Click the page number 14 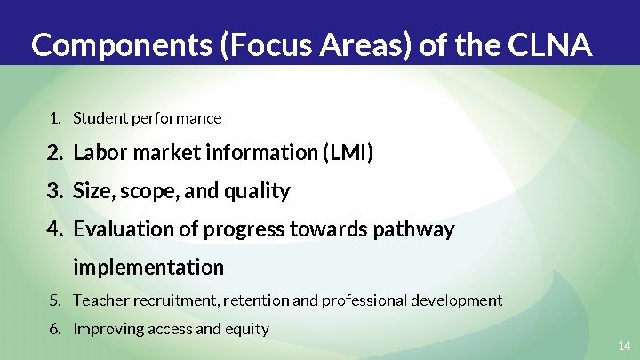pyautogui.click(x=623, y=344)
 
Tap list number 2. pyautogui.click(x=55, y=153)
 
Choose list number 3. pyautogui.click(x=55, y=191)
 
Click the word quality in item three pyautogui.click(x=259, y=191)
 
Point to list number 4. pyautogui.click(x=55, y=229)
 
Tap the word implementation pyautogui.click(x=148, y=267)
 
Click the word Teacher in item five pyautogui.click(x=100, y=300)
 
